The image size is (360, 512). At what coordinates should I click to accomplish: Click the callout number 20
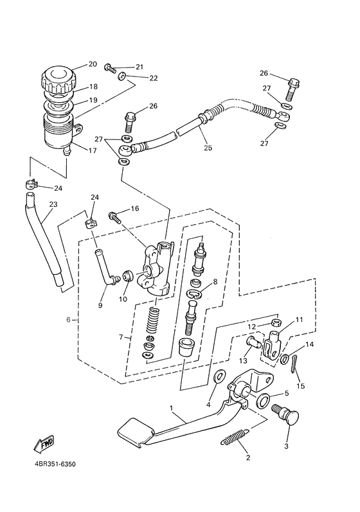click(93, 64)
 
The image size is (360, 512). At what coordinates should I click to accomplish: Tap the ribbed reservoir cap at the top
click(58, 80)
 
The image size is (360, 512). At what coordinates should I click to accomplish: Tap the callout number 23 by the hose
click(53, 205)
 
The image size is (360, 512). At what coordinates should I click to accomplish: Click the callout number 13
click(245, 360)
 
